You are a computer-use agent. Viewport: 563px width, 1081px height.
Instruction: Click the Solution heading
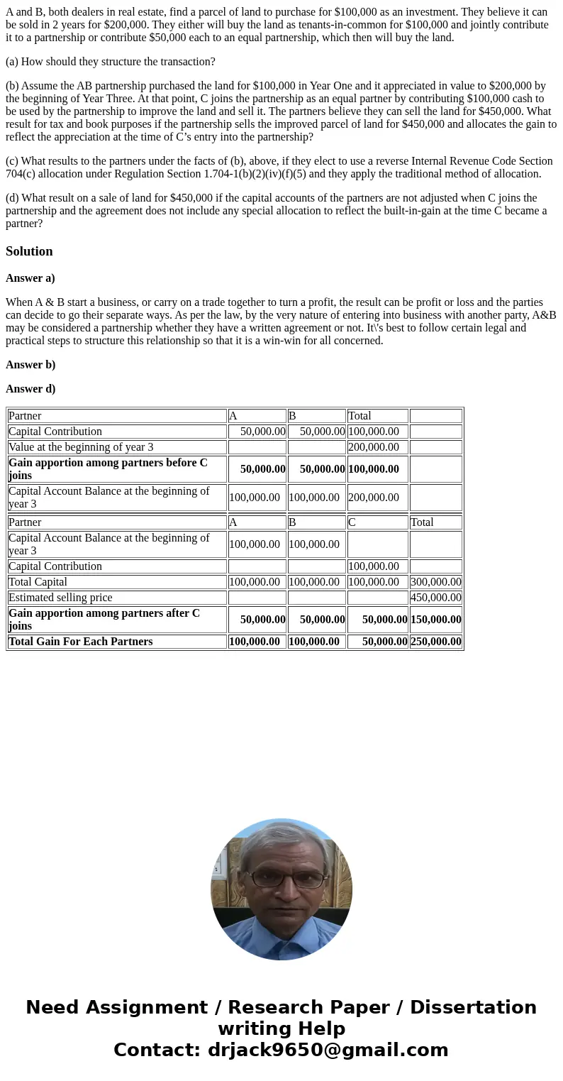point(29,251)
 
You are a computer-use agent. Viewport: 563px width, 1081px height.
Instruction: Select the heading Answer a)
point(30,278)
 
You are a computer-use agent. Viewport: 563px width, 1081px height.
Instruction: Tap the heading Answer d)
point(30,388)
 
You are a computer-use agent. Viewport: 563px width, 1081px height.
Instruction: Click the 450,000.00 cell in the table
point(435,598)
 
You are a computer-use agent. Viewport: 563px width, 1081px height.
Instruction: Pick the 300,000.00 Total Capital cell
point(435,582)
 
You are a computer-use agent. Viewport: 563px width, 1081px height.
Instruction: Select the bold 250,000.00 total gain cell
point(435,642)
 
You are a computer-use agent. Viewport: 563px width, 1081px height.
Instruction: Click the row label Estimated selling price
point(60,598)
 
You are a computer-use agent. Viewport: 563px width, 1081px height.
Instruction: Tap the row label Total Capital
point(38,582)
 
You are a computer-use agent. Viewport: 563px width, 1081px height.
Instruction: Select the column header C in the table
point(352,522)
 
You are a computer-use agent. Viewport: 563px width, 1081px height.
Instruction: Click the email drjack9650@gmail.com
point(328,1050)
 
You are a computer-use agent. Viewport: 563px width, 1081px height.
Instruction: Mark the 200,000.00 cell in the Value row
point(373,447)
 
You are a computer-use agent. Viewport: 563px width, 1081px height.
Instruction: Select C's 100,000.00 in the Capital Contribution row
point(373,566)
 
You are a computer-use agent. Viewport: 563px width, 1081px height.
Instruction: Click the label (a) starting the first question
point(13,62)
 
